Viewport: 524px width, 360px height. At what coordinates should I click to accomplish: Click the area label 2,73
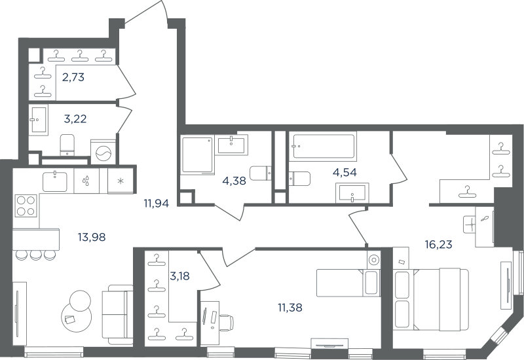click(73, 77)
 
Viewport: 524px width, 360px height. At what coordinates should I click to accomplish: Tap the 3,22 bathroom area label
click(75, 119)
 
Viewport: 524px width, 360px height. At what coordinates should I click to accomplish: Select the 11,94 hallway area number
click(157, 203)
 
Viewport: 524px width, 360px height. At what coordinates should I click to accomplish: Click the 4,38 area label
click(234, 181)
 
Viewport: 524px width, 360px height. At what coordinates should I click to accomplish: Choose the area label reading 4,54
click(345, 173)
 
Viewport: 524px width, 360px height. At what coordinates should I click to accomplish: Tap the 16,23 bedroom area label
click(438, 245)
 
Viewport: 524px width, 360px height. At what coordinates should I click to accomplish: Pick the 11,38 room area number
click(290, 308)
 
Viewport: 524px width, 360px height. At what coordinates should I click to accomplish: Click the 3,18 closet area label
click(179, 276)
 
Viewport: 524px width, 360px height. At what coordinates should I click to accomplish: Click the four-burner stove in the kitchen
click(26, 206)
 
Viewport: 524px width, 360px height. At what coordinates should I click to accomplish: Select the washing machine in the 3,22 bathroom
click(103, 152)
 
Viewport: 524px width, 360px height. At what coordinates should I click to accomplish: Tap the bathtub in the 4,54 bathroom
click(323, 146)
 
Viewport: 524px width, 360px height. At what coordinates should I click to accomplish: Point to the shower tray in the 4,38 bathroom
click(198, 155)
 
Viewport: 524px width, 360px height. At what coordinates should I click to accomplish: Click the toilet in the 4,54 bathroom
click(299, 178)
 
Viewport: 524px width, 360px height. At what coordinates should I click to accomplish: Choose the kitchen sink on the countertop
click(55, 181)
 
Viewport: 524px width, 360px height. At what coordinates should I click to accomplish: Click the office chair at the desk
click(226, 322)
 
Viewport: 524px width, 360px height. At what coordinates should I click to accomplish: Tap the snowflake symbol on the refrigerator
click(121, 181)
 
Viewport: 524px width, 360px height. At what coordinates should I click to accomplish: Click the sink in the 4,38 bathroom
click(233, 145)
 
